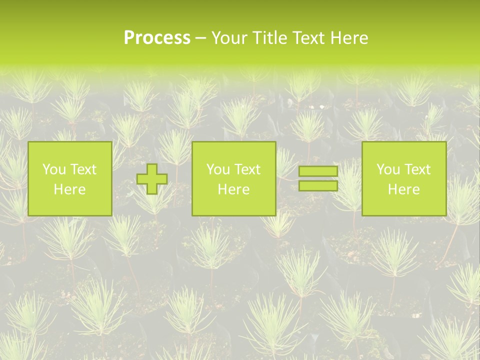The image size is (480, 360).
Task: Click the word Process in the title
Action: [157, 38]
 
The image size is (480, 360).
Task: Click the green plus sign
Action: [152, 179]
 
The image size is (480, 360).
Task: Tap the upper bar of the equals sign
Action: [318, 171]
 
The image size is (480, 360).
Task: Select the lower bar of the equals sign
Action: [318, 186]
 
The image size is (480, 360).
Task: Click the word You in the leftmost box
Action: [53, 169]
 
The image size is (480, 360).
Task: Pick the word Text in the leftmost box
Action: [82, 169]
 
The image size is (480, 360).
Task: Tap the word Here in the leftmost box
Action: [69, 189]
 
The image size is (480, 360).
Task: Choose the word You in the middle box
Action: [218, 169]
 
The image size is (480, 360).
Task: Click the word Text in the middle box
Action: [247, 169]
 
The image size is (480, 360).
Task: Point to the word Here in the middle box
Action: [233, 189]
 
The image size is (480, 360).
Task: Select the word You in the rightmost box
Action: [388, 169]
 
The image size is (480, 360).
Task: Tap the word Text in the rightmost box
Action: [417, 169]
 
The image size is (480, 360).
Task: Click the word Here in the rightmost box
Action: [403, 189]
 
